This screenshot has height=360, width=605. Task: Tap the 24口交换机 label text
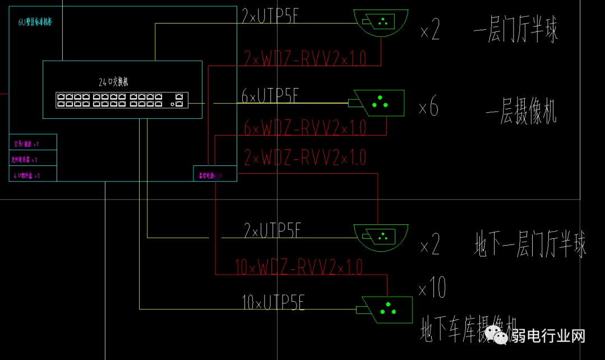(113, 82)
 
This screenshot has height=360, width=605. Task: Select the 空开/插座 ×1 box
(33, 144)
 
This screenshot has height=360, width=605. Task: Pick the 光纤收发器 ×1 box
(33, 160)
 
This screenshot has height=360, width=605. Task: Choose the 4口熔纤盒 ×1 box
(33, 176)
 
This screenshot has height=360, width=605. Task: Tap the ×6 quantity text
(428, 107)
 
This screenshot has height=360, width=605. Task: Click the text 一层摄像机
(521, 114)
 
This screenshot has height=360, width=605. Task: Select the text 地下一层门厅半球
(530, 245)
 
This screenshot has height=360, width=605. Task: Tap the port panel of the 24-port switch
(122, 100)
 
